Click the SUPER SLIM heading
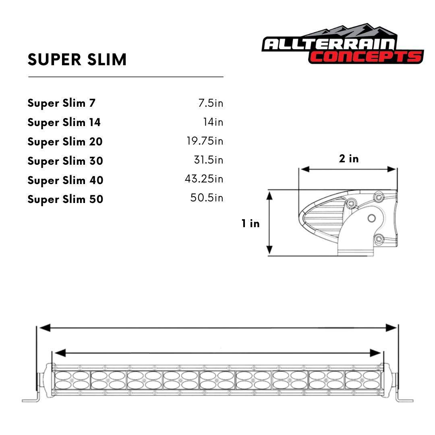(77, 60)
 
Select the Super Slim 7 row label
(62, 103)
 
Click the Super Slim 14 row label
(64, 122)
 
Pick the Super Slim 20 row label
(65, 142)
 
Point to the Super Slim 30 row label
(65, 161)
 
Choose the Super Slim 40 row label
(65, 180)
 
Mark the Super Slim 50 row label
(65, 199)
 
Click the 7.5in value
(210, 103)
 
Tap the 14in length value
(213, 122)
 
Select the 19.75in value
(205, 141)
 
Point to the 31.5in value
(208, 160)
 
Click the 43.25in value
(204, 179)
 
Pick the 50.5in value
(207, 198)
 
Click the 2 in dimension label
(348, 159)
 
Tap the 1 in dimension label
(251, 224)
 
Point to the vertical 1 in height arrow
(270, 223)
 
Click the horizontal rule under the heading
(126, 77)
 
